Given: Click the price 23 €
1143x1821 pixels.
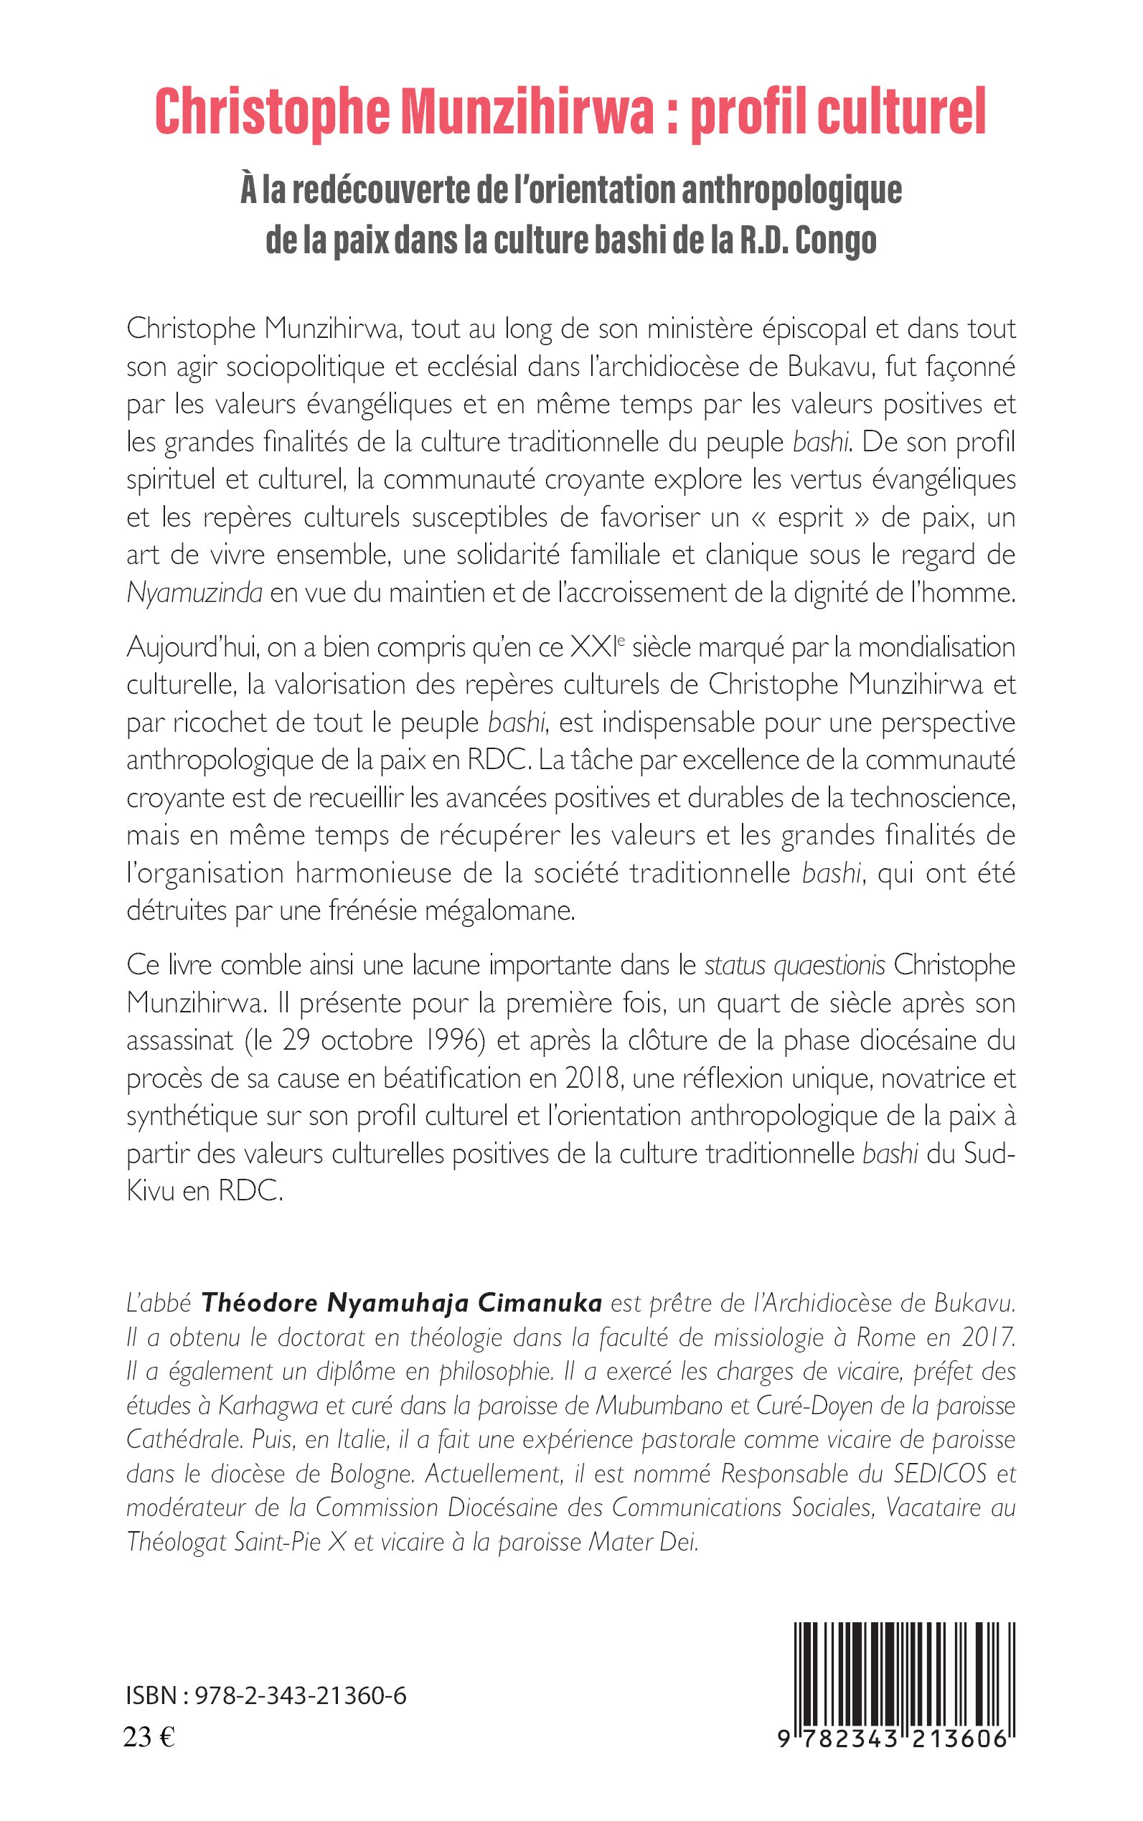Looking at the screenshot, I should (149, 1737).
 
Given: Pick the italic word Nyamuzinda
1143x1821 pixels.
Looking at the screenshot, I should (194, 593).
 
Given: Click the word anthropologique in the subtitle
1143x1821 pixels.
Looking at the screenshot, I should (791, 190).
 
